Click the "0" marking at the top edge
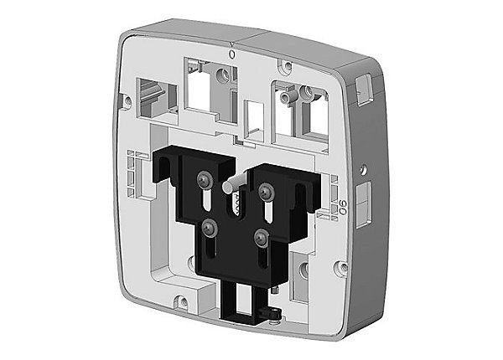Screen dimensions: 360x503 click(x=231, y=52)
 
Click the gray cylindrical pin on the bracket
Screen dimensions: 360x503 click(x=234, y=182)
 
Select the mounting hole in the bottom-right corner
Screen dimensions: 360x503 click(x=340, y=267)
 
